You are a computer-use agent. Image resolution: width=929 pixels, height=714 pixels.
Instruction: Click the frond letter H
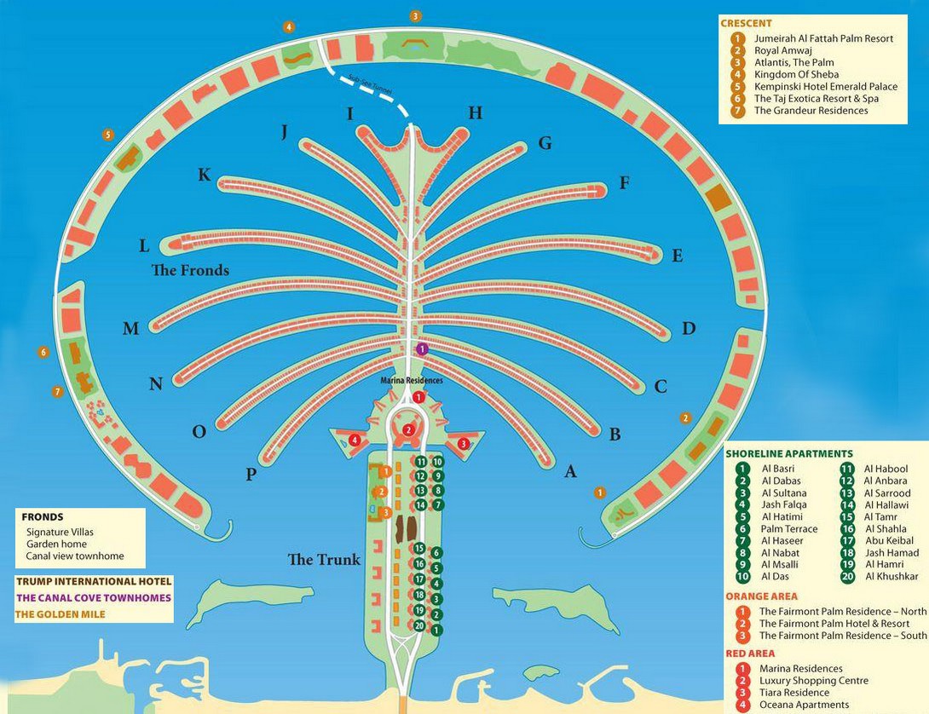476,113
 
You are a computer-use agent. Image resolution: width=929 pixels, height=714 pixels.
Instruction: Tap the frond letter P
251,475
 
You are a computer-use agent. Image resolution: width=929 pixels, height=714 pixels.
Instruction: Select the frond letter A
571,470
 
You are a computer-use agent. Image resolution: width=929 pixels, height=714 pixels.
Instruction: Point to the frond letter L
144,246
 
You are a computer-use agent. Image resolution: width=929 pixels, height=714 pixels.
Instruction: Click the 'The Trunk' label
324,560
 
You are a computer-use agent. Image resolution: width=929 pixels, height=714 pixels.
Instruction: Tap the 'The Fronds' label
190,270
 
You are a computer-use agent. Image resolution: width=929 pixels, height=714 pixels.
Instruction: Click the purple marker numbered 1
422,349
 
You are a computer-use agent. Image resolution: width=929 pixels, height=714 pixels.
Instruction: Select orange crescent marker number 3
415,15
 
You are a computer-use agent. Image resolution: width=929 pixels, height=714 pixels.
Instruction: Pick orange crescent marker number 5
107,135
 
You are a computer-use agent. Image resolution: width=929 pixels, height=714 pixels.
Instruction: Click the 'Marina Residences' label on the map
412,381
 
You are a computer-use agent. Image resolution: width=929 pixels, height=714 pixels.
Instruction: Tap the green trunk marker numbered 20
419,625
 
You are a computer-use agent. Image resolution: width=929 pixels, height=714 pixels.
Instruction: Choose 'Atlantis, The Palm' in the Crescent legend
793,62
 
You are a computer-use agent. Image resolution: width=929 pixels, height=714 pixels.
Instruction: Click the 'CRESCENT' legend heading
746,24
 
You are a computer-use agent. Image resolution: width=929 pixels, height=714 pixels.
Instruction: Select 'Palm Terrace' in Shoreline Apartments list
788,528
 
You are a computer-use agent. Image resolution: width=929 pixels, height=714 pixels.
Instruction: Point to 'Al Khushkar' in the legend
891,577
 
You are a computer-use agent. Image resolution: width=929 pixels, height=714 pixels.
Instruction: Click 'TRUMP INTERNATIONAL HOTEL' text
94,582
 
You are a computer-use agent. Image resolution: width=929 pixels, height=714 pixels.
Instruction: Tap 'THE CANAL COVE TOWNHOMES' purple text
94,597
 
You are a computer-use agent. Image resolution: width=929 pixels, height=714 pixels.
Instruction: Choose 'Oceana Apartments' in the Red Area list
804,705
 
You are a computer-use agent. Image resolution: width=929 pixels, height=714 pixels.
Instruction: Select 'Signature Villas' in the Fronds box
60,532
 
